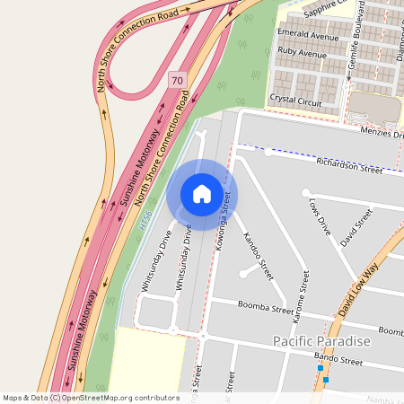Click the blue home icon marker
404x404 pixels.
pos(202,194)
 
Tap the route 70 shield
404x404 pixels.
pos(176,80)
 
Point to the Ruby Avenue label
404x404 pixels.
pos(302,53)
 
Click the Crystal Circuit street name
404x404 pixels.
pos(295,97)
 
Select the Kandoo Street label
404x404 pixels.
pos(258,252)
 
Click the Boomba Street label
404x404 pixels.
pos(266,308)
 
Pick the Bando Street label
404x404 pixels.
pos(338,361)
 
